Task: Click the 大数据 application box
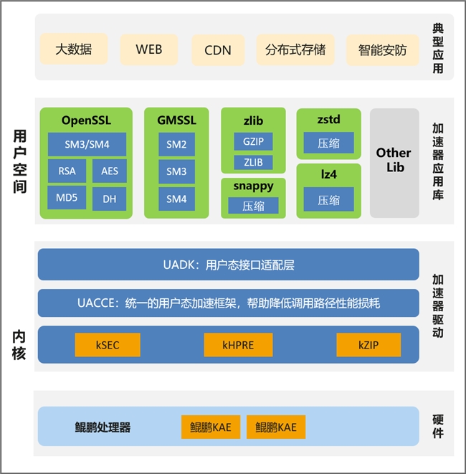point(74,50)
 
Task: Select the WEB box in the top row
point(149,50)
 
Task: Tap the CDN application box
point(218,50)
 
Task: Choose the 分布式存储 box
point(295,50)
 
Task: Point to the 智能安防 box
point(382,50)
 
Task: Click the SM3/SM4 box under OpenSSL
point(87,144)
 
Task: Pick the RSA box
point(67,171)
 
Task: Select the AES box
point(109,171)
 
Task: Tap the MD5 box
point(67,198)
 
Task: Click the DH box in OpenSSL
point(109,199)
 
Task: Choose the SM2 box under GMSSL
point(176,144)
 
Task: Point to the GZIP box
point(253,141)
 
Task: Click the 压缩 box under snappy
point(253,206)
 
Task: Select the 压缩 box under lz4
point(328,200)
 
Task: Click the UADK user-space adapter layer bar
point(228,265)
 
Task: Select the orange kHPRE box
point(238,345)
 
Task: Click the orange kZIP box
point(368,345)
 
